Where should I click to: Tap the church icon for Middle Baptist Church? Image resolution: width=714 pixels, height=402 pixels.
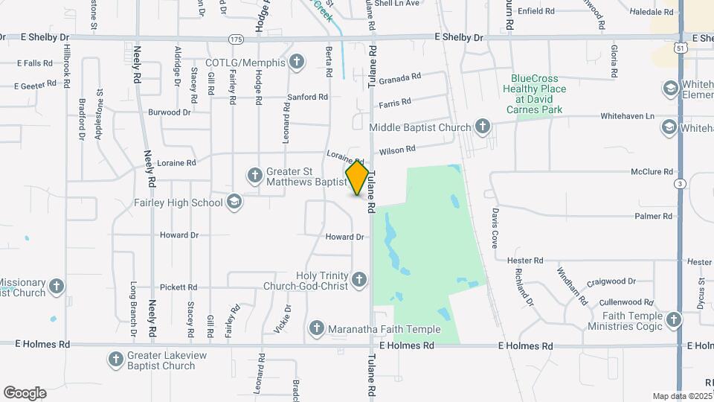pyautogui.click(x=482, y=127)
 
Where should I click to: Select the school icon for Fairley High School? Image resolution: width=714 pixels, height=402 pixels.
pyautogui.click(x=234, y=202)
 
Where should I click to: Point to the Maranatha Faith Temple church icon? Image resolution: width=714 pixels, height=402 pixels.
pyautogui.click(x=317, y=328)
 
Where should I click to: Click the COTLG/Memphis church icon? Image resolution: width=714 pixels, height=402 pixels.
pyautogui.click(x=297, y=61)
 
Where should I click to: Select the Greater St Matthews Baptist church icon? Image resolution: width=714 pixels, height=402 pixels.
pyautogui.click(x=254, y=176)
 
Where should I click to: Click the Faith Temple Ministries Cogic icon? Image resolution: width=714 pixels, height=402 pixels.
pyautogui.click(x=674, y=320)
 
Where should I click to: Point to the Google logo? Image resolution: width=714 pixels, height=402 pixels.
pyautogui.click(x=25, y=392)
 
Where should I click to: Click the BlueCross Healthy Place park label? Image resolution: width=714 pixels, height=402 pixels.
pyautogui.click(x=534, y=94)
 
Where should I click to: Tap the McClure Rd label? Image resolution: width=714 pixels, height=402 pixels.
pyautogui.click(x=652, y=172)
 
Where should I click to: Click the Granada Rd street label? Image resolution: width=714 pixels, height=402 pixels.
pyautogui.click(x=400, y=77)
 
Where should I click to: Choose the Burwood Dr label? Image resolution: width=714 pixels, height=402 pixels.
pyautogui.click(x=170, y=112)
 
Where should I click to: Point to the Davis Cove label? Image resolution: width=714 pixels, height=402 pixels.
pyautogui.click(x=494, y=227)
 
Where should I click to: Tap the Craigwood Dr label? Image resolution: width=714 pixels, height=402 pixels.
pyautogui.click(x=611, y=281)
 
